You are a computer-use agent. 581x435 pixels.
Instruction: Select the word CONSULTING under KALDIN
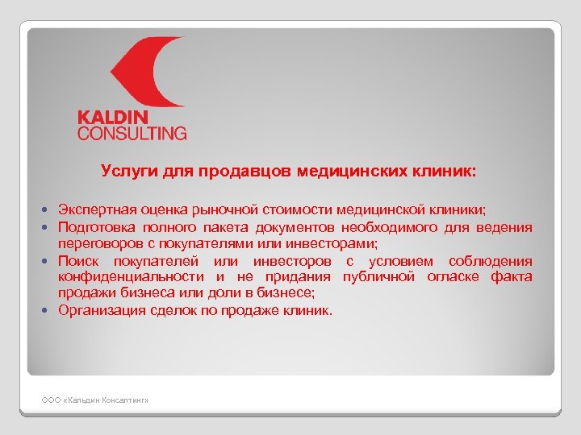(132, 133)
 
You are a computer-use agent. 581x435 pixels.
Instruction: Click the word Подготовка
(96, 227)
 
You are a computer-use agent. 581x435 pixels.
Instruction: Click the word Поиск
(80, 261)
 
